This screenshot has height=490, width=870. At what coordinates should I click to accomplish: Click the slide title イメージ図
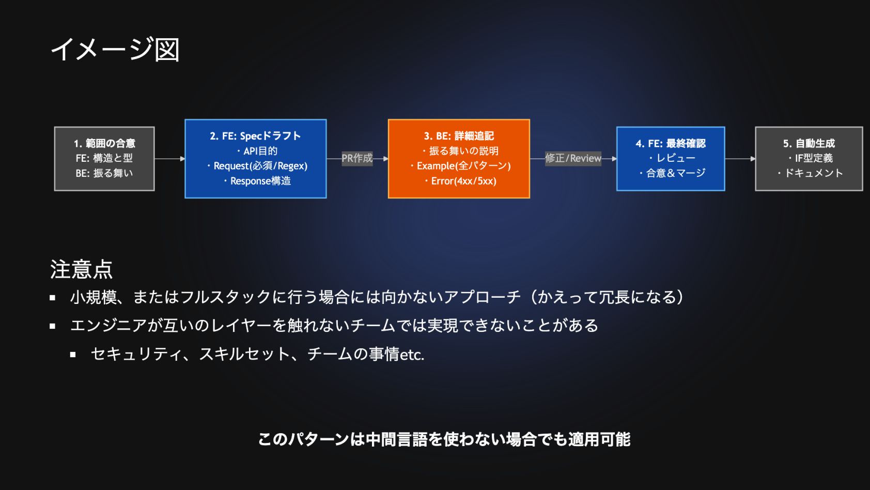tap(115, 50)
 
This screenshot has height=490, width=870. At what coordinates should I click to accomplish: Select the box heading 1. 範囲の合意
tap(104, 143)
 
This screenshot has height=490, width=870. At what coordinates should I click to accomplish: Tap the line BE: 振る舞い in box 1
tap(104, 173)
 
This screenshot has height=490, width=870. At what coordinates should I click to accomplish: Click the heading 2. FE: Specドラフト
tap(255, 136)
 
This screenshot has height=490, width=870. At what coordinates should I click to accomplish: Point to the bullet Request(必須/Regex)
tap(260, 166)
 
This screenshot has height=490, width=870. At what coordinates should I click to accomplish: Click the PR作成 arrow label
tap(357, 158)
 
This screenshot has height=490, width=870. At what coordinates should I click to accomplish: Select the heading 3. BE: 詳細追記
tap(459, 136)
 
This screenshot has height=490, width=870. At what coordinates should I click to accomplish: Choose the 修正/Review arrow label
tap(573, 158)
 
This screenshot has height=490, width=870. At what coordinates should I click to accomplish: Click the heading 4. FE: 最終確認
tap(671, 143)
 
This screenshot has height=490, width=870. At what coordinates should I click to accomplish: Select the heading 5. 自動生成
tap(809, 143)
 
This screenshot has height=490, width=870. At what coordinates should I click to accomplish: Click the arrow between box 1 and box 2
tap(169, 159)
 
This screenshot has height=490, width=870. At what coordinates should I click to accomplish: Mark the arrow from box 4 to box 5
tap(740, 159)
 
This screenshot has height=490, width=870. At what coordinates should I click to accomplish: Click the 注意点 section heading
tap(81, 269)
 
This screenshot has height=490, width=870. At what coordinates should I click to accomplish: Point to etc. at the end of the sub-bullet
tap(412, 355)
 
